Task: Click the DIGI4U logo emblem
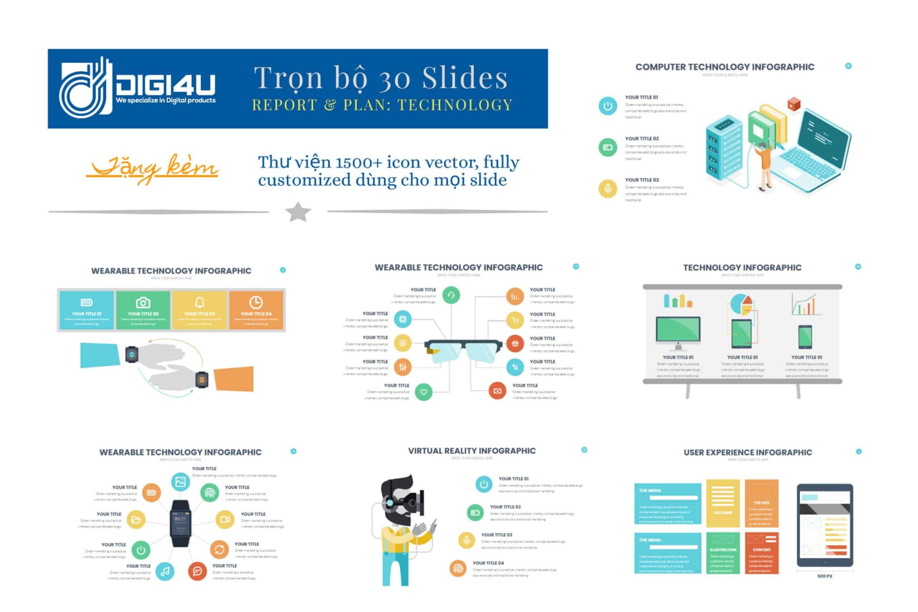[86, 88]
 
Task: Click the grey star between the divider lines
[298, 212]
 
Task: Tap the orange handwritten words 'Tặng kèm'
[152, 168]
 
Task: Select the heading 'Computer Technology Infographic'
[724, 67]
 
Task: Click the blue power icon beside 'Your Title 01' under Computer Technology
[607, 106]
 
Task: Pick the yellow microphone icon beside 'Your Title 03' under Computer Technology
[607, 189]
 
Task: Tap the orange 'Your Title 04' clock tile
[256, 310]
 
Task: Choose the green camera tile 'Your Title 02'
[143, 310]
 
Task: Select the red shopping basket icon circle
[515, 344]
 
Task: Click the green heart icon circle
[424, 392]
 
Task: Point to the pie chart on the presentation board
[741, 304]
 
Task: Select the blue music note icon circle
[165, 571]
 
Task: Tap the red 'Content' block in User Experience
[762, 552]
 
